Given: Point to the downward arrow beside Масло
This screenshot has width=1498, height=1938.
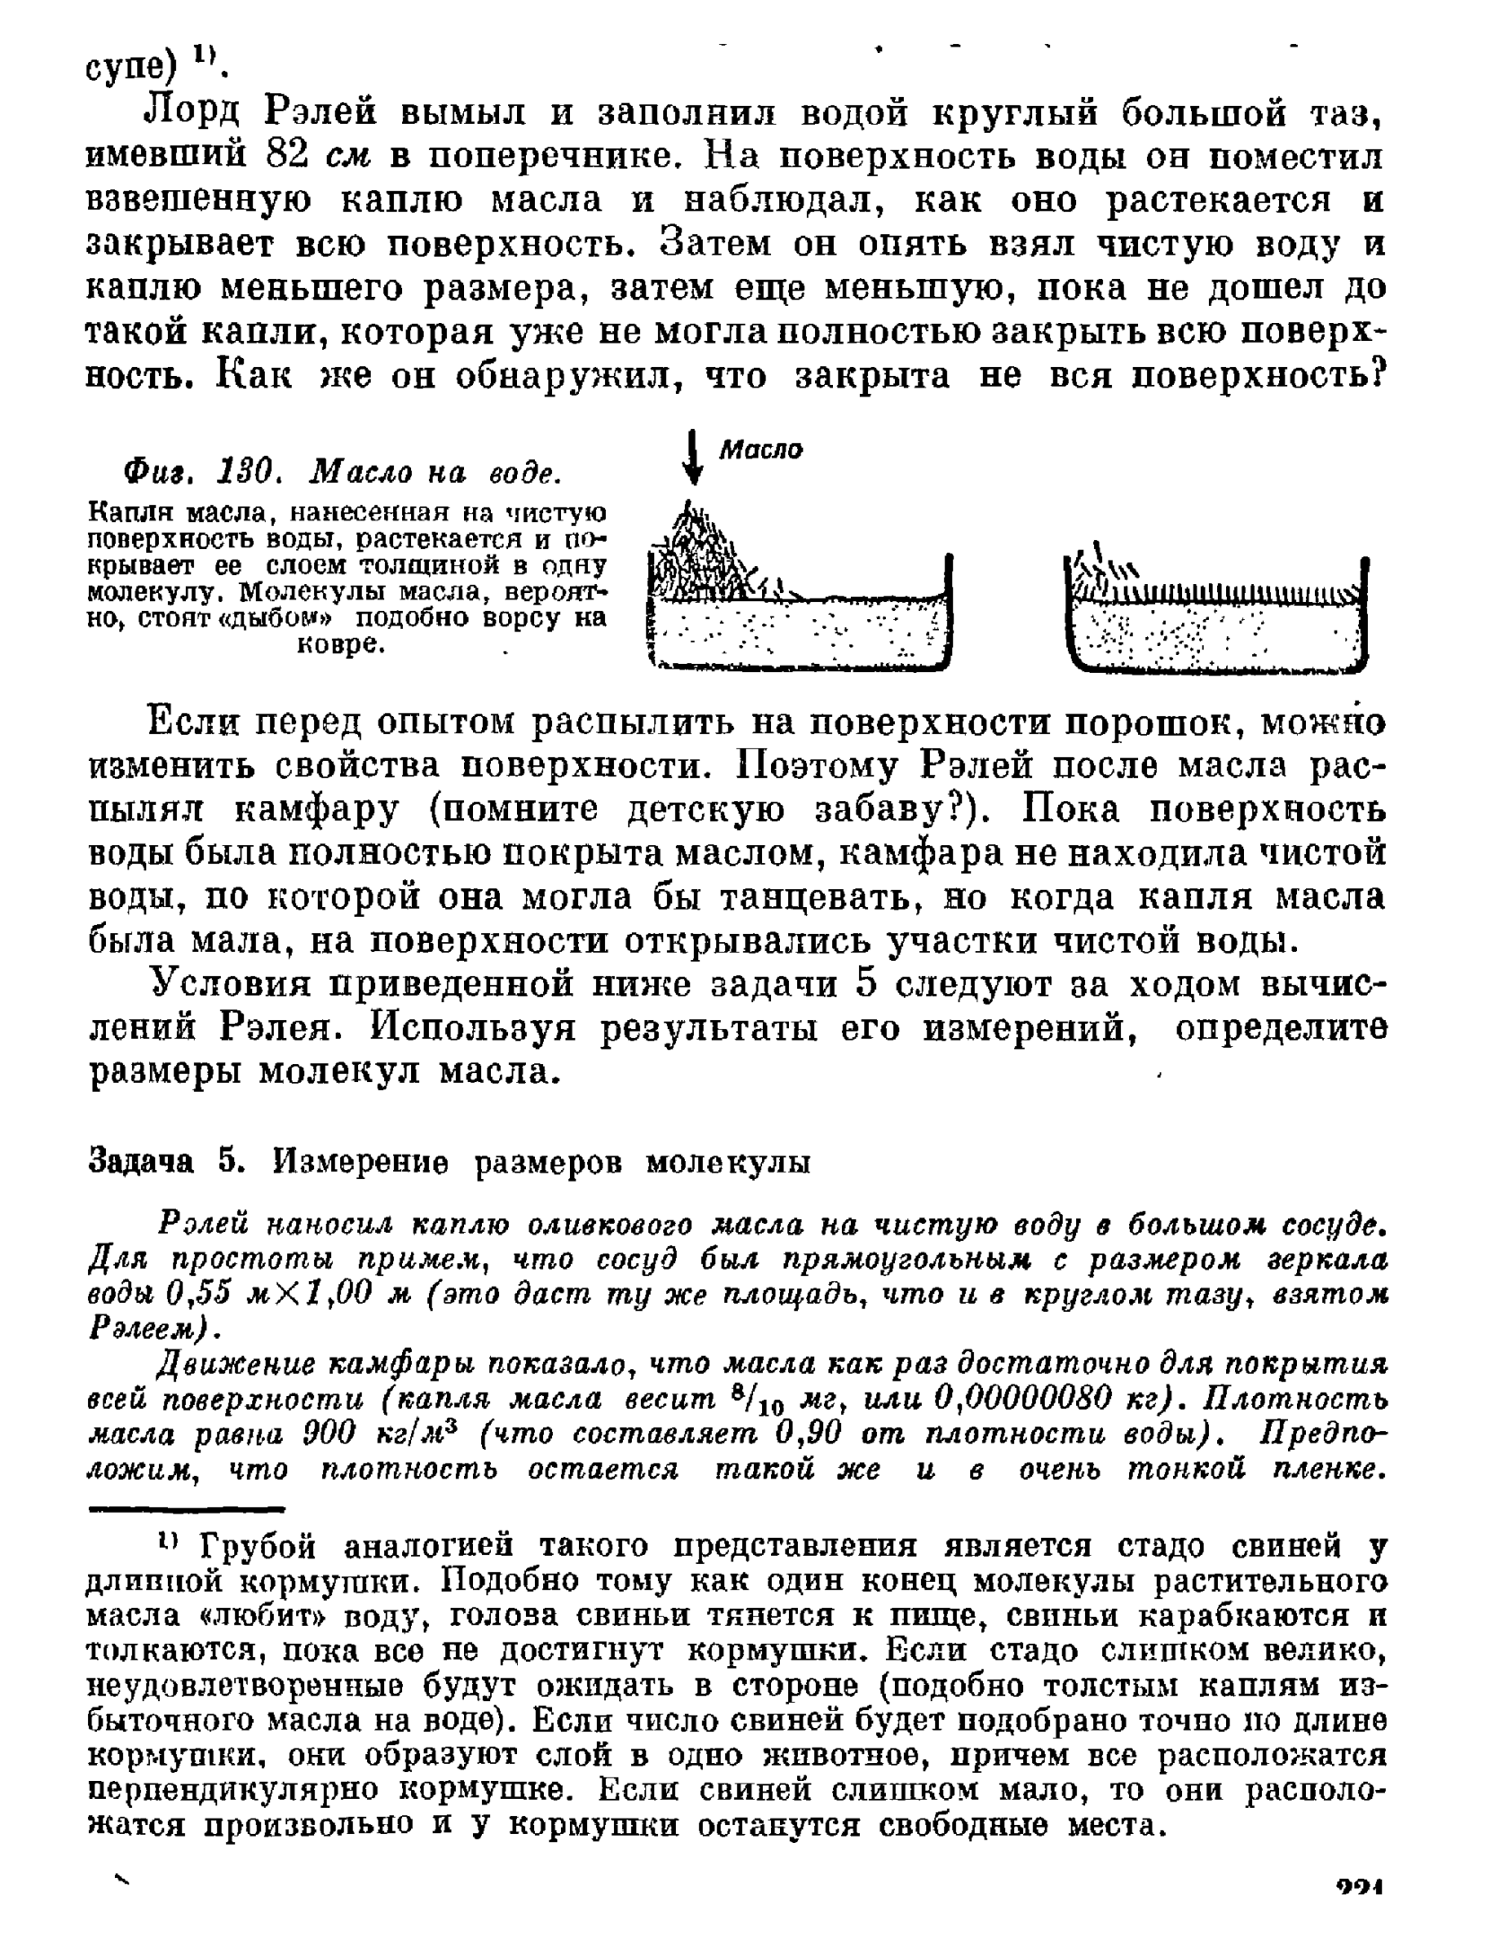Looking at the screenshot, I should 692,459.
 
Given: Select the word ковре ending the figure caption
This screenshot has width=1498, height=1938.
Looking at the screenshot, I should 341,645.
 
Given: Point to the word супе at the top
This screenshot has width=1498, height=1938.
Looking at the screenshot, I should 132,66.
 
